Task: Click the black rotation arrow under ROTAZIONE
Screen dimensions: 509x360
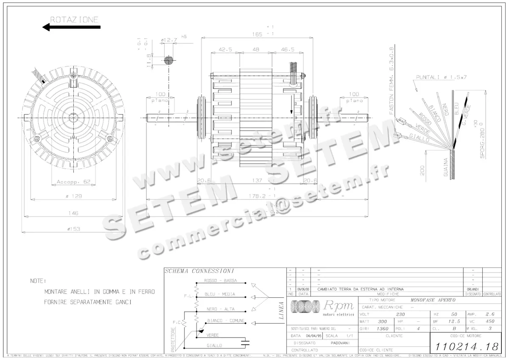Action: pos(71,28)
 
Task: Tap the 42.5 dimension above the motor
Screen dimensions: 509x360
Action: pos(225,50)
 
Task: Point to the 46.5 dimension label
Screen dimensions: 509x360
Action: pos(287,50)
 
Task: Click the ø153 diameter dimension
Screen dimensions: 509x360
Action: pos(73,229)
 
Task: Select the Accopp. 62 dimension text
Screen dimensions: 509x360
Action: pos(74,182)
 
